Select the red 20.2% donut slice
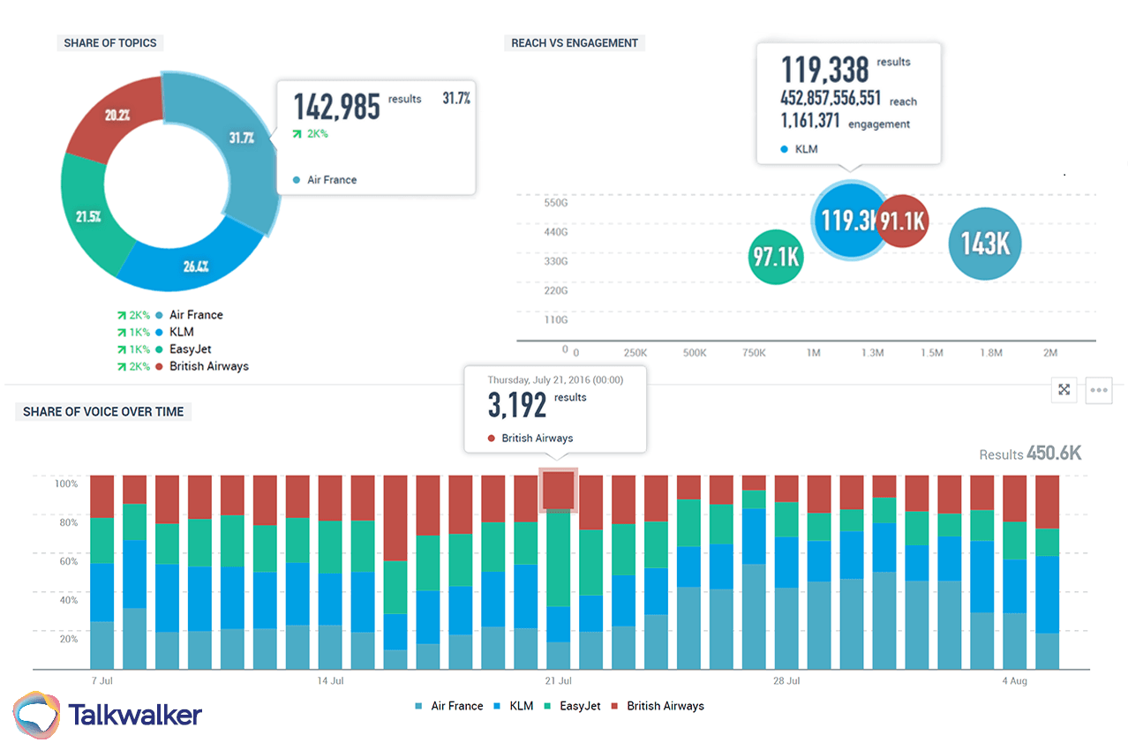coord(117,115)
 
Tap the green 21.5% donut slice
coord(88,216)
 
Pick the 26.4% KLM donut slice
coord(195,264)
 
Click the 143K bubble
coord(984,244)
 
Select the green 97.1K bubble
coord(775,257)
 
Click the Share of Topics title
coord(110,42)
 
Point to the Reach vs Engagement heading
coord(575,42)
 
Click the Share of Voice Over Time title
coord(103,411)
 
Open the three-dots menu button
coord(1099,389)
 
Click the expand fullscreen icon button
coord(1064,389)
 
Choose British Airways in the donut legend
coord(208,366)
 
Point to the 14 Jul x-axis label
coord(329,681)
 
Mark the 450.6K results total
coord(1053,454)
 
